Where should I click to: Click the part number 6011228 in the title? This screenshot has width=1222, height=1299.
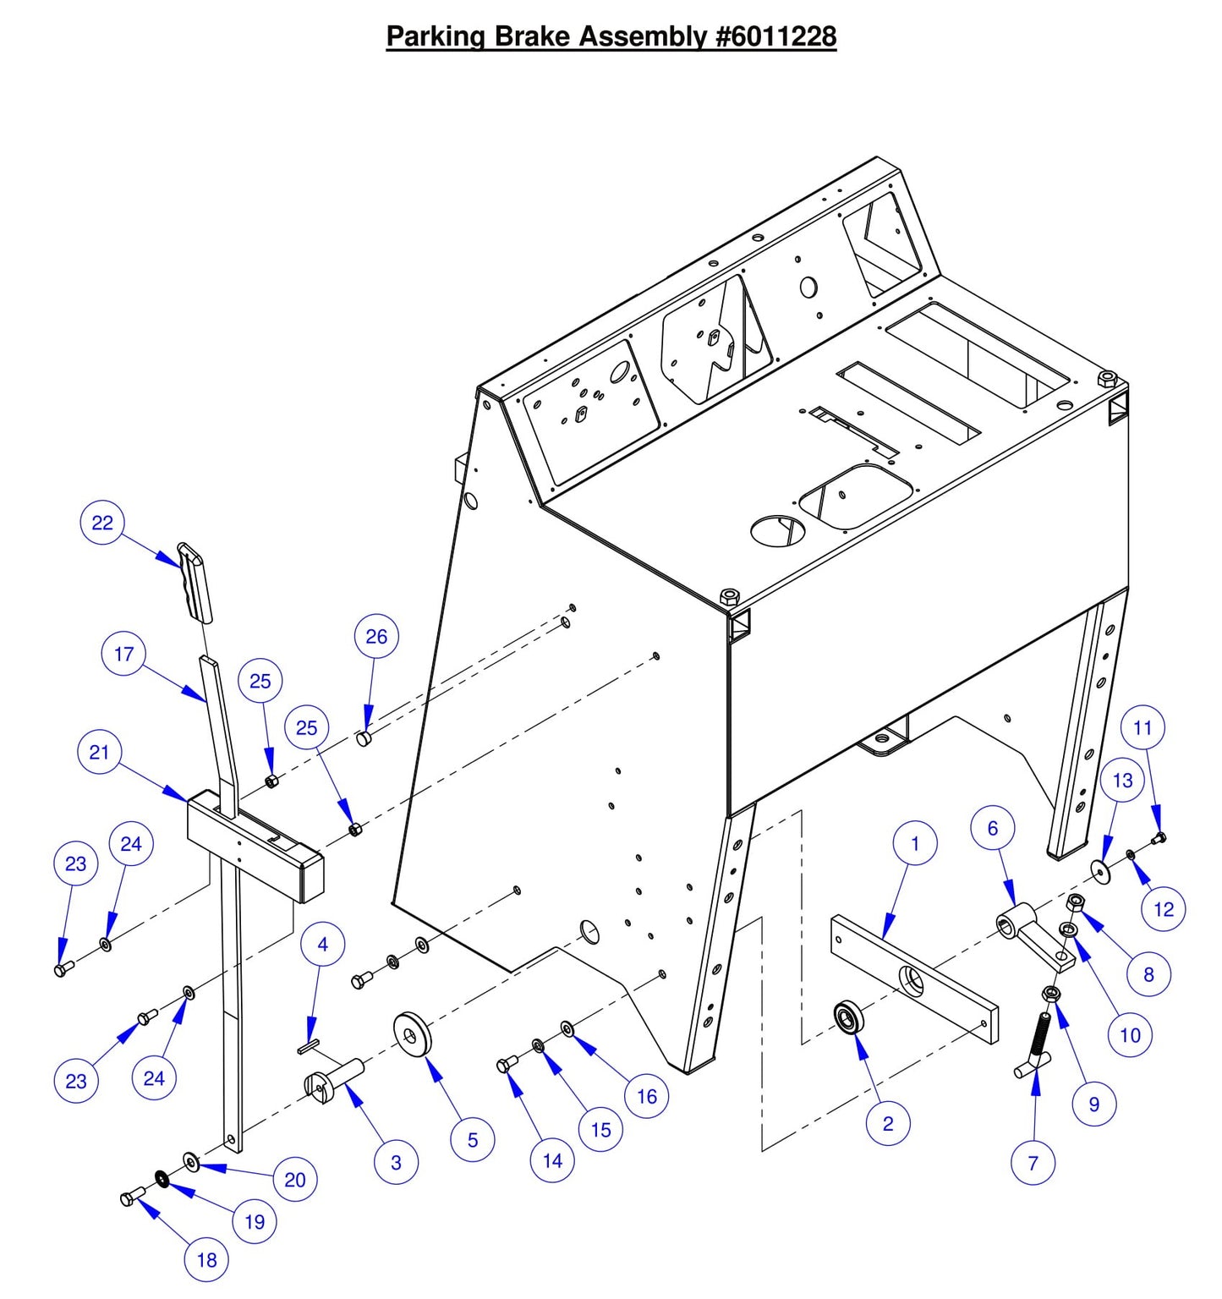pos(776,36)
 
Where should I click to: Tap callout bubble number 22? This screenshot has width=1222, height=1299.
pos(102,523)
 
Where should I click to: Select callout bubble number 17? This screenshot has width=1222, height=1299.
pos(123,654)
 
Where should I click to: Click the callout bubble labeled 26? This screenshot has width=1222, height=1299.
pos(376,636)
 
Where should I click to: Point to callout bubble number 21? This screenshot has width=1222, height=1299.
pos(99,752)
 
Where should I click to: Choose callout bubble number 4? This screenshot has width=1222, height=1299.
pos(322,944)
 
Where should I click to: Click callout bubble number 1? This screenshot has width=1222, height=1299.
pos(915,843)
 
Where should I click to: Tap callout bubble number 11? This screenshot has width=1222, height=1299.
pos(1143,727)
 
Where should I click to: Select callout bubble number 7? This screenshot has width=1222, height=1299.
pos(1033,1163)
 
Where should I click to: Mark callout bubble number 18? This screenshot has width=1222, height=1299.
pos(206,1260)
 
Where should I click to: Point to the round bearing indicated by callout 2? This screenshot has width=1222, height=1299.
pos(847,1017)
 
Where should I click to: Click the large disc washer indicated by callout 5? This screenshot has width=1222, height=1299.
pos(413,1033)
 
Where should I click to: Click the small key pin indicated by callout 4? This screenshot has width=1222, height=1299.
pos(308,1047)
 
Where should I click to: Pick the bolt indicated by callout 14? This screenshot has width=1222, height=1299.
pos(507,1064)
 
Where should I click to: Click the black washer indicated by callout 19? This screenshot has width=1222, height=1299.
pos(162,1178)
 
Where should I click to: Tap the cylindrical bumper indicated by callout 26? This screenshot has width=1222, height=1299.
pos(364,738)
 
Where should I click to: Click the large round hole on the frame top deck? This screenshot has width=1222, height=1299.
pos(778,530)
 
